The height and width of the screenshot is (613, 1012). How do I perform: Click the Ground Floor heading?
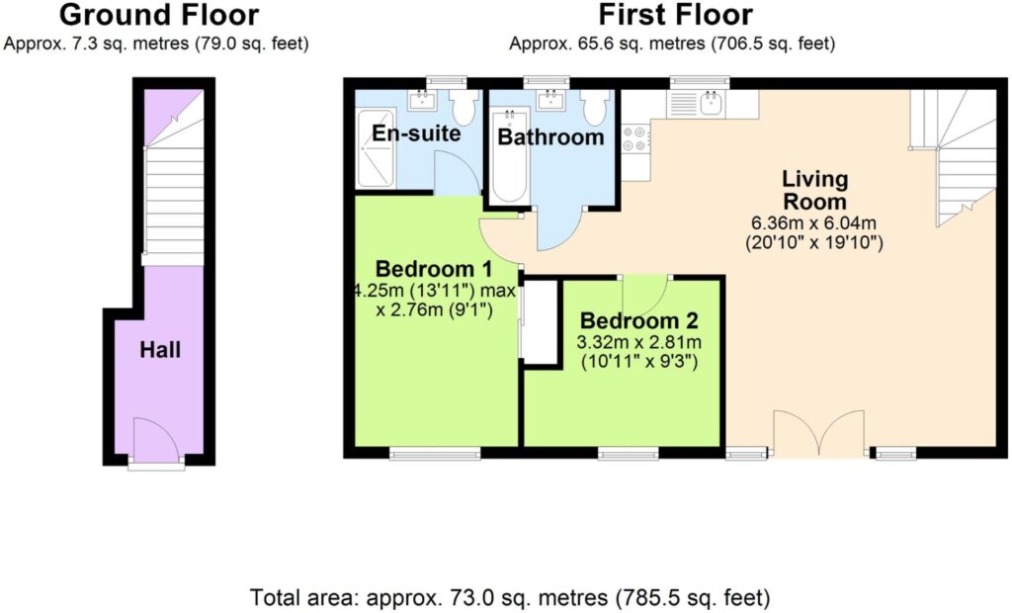click(159, 15)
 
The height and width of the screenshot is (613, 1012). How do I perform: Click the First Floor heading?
click(675, 15)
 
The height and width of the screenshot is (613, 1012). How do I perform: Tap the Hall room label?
click(160, 350)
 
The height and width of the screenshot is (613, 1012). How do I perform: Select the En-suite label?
click(416, 133)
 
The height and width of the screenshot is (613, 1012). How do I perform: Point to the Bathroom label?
click(550, 137)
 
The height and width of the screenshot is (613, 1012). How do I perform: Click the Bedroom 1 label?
click(434, 268)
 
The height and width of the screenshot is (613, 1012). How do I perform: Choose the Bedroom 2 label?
click(639, 320)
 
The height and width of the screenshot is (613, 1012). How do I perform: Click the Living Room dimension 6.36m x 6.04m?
click(814, 223)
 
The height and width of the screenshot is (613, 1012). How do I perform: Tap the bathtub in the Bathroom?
click(509, 155)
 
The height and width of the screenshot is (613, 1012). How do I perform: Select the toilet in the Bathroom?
click(594, 106)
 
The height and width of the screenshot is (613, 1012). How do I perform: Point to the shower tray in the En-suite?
click(375, 148)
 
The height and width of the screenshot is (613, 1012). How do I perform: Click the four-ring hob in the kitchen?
click(636, 138)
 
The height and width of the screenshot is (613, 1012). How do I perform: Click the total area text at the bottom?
click(510, 597)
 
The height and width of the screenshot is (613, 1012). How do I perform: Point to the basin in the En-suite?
click(422, 100)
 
